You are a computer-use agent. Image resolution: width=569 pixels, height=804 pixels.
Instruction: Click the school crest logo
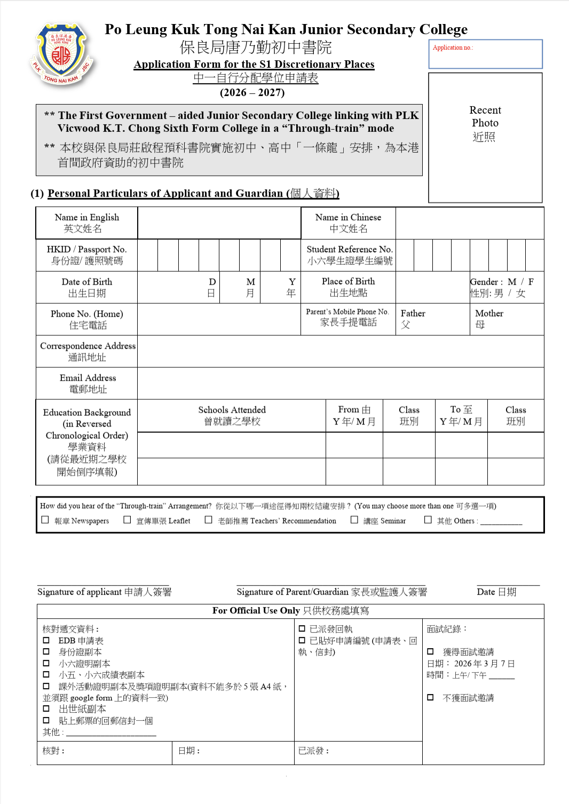(x=62, y=54)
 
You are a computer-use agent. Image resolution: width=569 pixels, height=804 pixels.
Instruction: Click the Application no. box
(x=485, y=54)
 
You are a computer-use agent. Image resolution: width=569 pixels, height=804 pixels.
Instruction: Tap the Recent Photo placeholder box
(x=485, y=137)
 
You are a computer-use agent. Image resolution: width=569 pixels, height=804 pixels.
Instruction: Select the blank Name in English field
(x=219, y=223)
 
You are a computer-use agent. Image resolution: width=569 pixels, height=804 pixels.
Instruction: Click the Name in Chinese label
(x=348, y=223)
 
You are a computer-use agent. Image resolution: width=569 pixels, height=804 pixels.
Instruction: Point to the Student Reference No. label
(x=349, y=255)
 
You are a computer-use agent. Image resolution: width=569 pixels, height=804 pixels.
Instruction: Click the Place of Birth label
(x=348, y=287)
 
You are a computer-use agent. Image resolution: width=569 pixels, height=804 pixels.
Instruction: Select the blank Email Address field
(x=340, y=383)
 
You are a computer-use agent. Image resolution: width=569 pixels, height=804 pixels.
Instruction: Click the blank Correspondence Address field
(x=340, y=351)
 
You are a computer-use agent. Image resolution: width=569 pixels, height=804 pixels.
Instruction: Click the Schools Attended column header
(x=232, y=415)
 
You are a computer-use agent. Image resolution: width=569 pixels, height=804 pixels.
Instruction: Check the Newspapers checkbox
(x=45, y=519)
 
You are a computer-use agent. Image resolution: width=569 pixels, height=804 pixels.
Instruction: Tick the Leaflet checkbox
(x=127, y=519)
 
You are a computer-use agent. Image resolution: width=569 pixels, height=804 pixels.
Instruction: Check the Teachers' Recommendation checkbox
(x=209, y=519)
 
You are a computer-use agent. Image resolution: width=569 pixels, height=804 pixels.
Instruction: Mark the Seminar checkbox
(x=354, y=519)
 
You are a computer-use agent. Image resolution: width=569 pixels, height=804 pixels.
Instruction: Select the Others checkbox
(x=428, y=519)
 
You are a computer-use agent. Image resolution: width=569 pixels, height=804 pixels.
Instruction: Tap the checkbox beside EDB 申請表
(x=46, y=640)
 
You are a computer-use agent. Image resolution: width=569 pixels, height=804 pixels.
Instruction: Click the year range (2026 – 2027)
(x=252, y=92)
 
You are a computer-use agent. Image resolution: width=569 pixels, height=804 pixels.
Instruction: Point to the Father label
(x=413, y=314)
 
